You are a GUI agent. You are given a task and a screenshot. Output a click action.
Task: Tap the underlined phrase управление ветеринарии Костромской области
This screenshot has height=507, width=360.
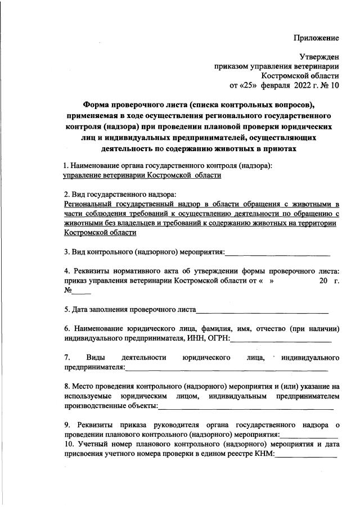click(x=142, y=175)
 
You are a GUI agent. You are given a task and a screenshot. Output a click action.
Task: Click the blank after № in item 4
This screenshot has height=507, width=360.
click(x=80, y=292)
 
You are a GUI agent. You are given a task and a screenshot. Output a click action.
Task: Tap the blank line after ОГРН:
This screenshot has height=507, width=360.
click(x=281, y=338)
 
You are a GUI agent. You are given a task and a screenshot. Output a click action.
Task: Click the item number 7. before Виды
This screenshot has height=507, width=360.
click(x=67, y=357)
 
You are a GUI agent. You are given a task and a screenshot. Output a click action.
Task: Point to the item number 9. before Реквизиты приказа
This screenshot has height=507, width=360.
click(x=67, y=425)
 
